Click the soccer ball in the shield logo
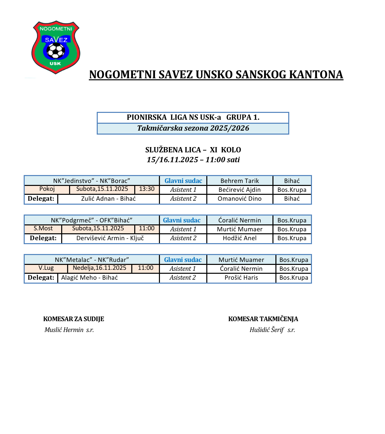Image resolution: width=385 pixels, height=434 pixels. pos(56,51)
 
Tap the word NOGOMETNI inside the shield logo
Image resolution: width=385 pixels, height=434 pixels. pos(56,29)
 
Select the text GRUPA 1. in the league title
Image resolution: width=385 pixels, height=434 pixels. pos(243,117)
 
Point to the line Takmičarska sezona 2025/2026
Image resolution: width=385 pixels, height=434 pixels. pos(193,128)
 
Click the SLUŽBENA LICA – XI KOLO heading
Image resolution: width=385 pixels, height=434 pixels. pos(193,150)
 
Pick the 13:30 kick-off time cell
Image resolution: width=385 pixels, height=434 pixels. pos(147,189)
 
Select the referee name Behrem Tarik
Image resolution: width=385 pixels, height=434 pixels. pos(240,181)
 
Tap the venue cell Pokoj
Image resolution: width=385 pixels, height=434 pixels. pos(47,189)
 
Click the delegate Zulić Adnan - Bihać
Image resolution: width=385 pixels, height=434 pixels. pos(108,199)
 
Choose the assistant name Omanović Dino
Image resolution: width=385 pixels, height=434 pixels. pos(240,199)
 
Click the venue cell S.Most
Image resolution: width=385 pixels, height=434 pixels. pos(43,229)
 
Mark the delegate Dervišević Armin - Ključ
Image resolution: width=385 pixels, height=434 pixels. pos(110,238)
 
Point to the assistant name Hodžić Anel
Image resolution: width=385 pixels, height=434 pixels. pos(240,238)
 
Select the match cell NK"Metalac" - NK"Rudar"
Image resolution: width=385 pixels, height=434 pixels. pos(92,260)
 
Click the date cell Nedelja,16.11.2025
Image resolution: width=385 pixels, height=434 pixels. pos(99,268)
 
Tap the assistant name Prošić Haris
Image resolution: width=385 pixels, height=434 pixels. pos(241,278)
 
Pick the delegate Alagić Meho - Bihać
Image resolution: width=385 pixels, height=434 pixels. pos(90,278)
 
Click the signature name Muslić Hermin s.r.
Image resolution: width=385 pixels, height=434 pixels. pos(69,330)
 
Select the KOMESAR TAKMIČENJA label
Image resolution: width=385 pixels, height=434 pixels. pos(263,319)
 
